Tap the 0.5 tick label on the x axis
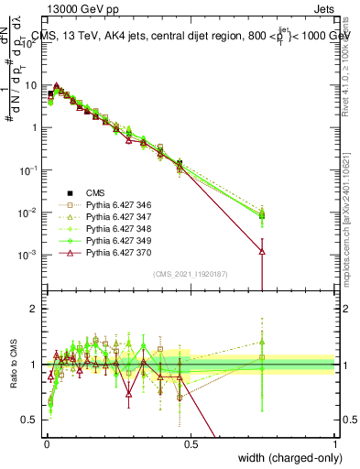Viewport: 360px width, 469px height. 191,442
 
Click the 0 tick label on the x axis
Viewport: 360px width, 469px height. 47,442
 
